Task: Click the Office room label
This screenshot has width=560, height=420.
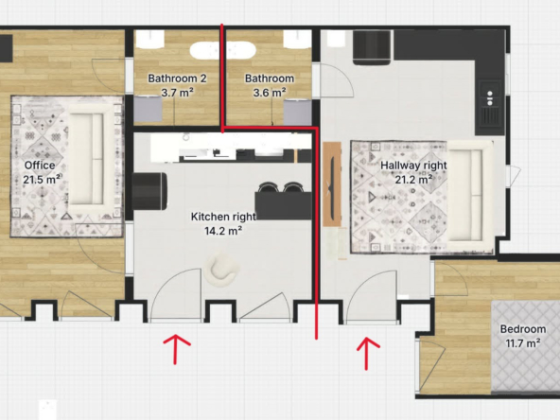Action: [x=40, y=166]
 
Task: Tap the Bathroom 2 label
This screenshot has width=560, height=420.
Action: [x=177, y=79]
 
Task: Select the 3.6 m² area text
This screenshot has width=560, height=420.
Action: [x=270, y=93]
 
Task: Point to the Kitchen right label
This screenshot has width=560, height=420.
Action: [x=223, y=217]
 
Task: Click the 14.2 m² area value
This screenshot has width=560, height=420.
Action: [x=223, y=231]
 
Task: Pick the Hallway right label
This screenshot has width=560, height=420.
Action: [x=413, y=166]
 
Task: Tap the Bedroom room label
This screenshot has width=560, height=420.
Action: [x=523, y=329]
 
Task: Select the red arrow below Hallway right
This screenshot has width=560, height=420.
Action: [x=366, y=353]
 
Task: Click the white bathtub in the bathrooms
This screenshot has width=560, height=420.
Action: [x=223, y=50]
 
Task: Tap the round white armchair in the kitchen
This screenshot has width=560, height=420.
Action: [x=221, y=269]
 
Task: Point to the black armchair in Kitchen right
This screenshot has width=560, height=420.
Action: [x=150, y=191]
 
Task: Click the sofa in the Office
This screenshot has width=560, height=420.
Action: [x=87, y=159]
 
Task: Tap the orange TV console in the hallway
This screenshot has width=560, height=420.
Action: [x=332, y=184]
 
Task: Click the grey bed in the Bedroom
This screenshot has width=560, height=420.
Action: [x=525, y=346]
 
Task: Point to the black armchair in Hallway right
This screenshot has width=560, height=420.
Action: [x=372, y=47]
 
